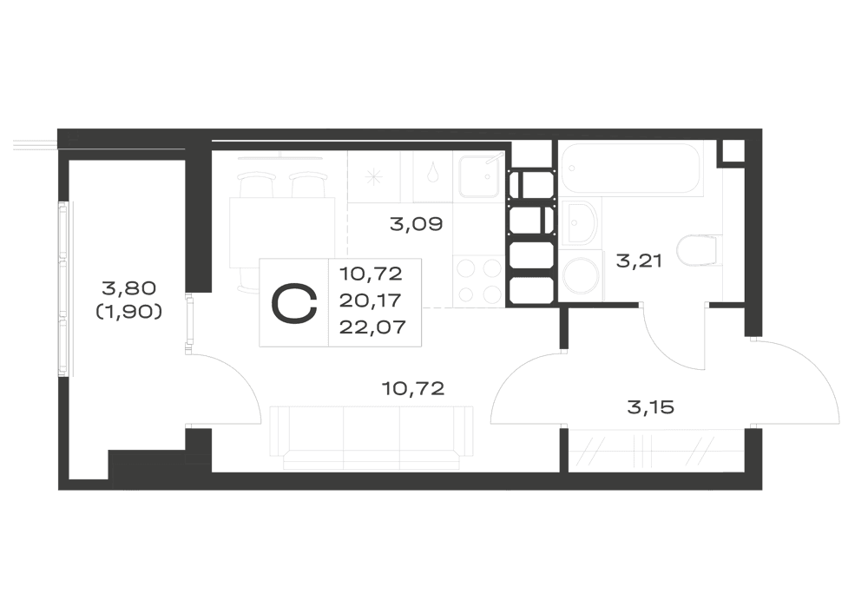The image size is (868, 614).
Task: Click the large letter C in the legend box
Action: [294, 303]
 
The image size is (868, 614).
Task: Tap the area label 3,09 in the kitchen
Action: [417, 224]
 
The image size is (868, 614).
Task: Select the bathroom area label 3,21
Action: [639, 261]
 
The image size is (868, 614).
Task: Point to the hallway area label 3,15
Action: [650, 407]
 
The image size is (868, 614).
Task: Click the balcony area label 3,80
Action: [129, 288]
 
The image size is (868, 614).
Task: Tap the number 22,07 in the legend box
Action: [372, 327]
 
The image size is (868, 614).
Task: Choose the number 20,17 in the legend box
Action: [371, 300]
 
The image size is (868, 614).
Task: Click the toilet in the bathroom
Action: [699, 251]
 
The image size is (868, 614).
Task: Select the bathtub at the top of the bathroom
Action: [632, 168]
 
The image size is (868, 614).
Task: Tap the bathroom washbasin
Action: [580, 223]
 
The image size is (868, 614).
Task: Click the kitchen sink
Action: [479, 176]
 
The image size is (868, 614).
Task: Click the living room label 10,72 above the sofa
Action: [413, 389]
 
